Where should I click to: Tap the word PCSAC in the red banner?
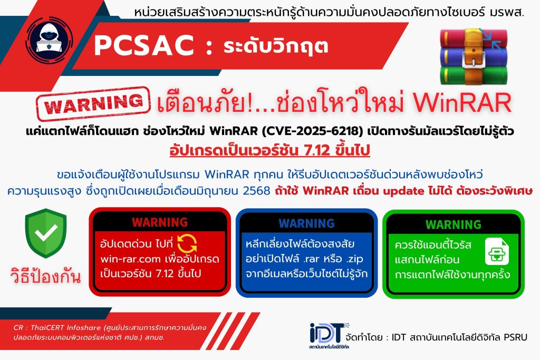tap(144, 46)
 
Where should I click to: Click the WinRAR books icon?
tap(474, 57)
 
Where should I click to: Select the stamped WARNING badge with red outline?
tap(93, 103)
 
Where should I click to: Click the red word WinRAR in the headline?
tap(462, 102)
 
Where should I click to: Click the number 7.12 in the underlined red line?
tap(317, 150)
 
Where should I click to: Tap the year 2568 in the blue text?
tap(256, 190)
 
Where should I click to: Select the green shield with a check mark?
tap(46, 233)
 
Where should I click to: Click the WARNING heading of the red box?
tap(160, 222)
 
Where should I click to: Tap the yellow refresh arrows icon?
tap(187, 244)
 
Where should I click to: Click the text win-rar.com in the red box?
tap(131, 259)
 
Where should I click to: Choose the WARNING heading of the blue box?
tap(306, 223)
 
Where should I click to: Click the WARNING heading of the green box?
tap(453, 225)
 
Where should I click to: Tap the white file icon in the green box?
tap(497, 251)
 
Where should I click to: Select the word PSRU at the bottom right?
tap(516, 337)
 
